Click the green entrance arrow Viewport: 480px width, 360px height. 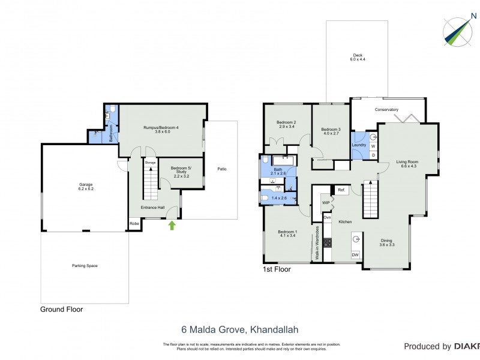click(172, 226)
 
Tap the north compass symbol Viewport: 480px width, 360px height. click(457, 31)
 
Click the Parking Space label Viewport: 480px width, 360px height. click(85, 265)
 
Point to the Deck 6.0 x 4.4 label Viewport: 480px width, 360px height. click(358, 58)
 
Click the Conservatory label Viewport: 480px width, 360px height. click(386, 110)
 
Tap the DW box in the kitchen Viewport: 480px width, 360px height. click(355, 255)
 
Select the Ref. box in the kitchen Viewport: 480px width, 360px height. click(341, 190)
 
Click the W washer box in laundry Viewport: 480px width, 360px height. click(373, 146)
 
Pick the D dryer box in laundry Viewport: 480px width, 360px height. click(373, 155)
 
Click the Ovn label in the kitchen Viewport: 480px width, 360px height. click(327, 217)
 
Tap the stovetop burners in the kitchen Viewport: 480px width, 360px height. click(328, 242)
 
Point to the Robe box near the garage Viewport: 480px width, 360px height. click(134, 226)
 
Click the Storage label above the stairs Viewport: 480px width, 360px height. click(150, 162)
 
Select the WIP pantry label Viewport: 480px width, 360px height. click(326, 203)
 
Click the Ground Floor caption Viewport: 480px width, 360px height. click(61, 310)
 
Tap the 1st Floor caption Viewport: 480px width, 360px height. click(277, 269)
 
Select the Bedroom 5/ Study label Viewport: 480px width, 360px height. click(180, 171)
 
